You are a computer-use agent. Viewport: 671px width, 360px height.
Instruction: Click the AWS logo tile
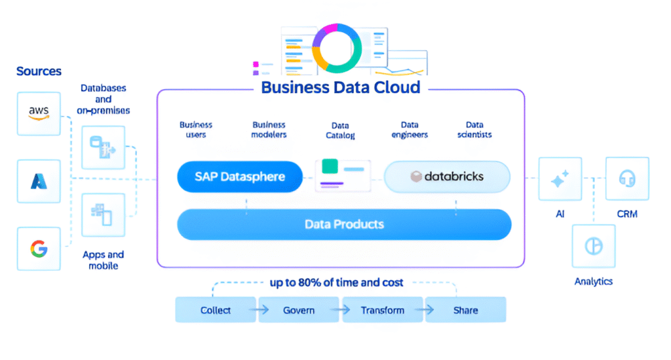point(39,113)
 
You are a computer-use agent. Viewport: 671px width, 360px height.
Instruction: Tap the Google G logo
point(39,249)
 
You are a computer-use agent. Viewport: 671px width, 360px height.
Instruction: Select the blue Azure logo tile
point(39,181)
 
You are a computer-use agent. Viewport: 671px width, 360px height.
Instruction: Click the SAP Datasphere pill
point(240,176)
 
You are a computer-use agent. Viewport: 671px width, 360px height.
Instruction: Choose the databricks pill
point(447,176)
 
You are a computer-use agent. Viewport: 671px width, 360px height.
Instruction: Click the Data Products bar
point(344,224)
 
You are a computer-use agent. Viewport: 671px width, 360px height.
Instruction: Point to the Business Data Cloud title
point(340,87)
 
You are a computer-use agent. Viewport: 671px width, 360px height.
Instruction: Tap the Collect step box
point(216,310)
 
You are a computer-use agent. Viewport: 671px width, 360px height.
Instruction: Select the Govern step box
point(299,310)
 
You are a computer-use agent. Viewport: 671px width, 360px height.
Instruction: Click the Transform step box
point(383,310)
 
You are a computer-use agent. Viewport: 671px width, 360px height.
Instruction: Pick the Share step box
point(465,310)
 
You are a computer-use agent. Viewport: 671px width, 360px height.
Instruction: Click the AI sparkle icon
point(560,178)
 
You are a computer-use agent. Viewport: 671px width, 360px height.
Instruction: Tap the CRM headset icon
point(627,178)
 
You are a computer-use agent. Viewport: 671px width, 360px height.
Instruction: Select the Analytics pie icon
point(594,246)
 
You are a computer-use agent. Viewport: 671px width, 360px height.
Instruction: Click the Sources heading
point(39,71)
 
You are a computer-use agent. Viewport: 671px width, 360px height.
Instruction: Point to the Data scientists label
point(474,129)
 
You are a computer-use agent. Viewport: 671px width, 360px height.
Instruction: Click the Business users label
point(196,129)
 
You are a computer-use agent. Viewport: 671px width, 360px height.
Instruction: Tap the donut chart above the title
point(336,48)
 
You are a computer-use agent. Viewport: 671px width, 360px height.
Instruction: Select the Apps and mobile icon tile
point(103,214)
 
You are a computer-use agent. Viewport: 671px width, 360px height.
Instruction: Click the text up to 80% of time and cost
point(337,283)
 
